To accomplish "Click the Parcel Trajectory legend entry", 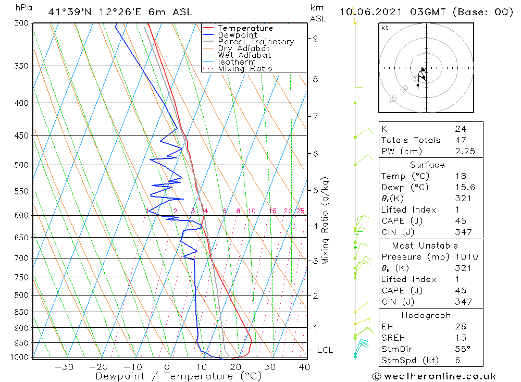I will pos(256,42).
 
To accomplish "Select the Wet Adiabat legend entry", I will pos(244,55).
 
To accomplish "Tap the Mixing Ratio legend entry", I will pos(245,69).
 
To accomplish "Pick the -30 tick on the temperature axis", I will pos(64,366).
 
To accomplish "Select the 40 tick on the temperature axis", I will pos(304,366).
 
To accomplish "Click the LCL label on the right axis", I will pos(325,350).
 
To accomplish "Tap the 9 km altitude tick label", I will pos(315,38).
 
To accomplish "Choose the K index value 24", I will pos(460,129).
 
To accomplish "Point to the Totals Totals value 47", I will pos(460,140).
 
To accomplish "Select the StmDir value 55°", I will pos(462,349).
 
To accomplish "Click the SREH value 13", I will pos(460,338).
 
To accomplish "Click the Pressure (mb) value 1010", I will pos(463,257).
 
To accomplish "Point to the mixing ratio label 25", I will pos(300,211).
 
